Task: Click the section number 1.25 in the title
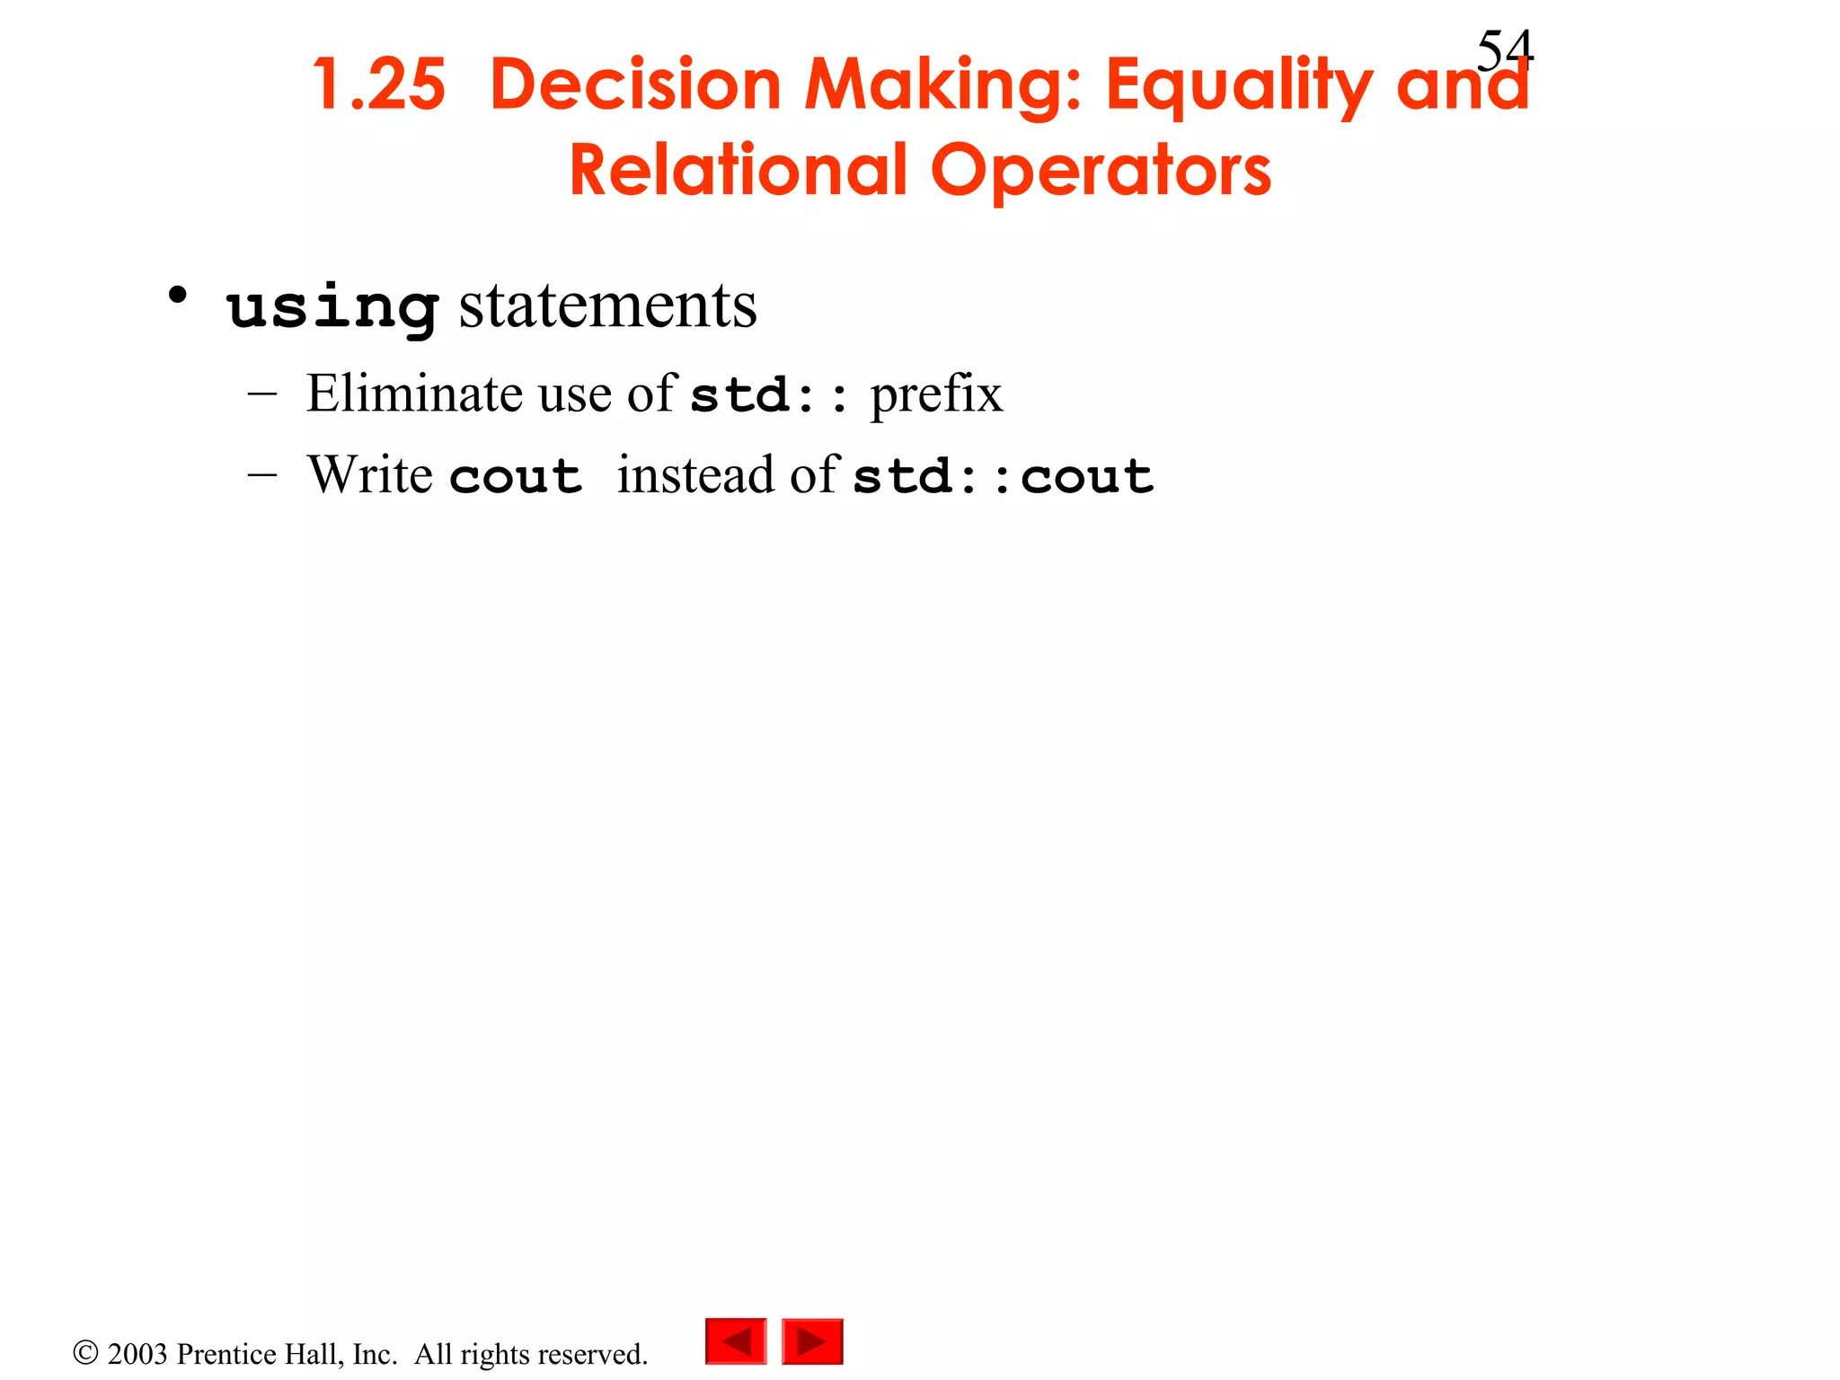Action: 378,85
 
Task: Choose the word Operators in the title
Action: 1101,172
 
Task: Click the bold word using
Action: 332,307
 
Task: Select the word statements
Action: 608,305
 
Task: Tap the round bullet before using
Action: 178,295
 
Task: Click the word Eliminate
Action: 414,394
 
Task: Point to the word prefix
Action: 936,394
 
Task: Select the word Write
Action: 369,474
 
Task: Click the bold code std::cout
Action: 1003,476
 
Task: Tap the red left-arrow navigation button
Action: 736,1341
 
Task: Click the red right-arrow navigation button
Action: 812,1341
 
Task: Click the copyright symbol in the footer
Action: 85,1352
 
